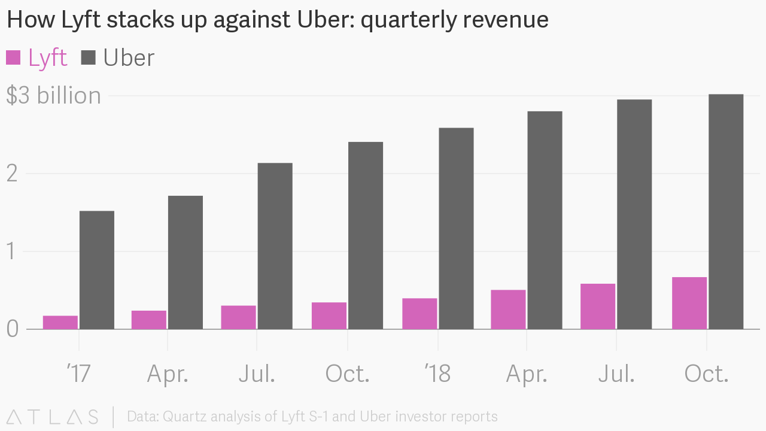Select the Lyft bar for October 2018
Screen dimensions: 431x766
(x=689, y=303)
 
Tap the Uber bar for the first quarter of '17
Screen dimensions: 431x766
(x=97, y=269)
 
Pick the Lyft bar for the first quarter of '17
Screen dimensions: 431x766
(x=60, y=322)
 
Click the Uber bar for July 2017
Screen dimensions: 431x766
(x=275, y=245)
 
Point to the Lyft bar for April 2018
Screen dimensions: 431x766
(x=508, y=309)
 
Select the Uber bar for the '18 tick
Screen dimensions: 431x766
(x=456, y=228)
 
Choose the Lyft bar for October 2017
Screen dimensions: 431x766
(x=329, y=315)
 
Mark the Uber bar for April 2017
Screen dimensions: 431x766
(x=186, y=262)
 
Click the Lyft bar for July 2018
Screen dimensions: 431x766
(x=598, y=306)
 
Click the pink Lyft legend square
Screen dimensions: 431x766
(x=13, y=57)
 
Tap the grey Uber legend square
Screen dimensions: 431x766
(x=89, y=57)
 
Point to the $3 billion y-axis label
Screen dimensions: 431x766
(x=54, y=96)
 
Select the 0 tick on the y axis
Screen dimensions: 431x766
(x=13, y=329)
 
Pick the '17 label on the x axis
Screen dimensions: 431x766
(x=78, y=374)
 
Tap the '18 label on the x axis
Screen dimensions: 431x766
(x=437, y=374)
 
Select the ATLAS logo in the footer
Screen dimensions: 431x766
(x=53, y=417)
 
